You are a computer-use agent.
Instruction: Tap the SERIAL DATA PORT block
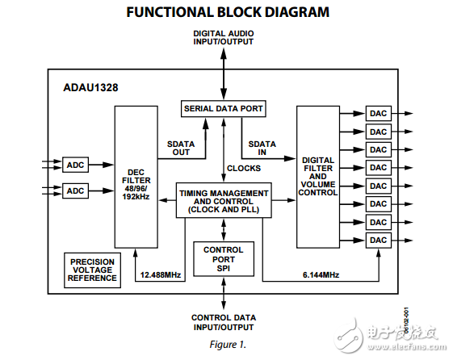coord(223,108)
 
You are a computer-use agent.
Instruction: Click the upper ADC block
coord(75,165)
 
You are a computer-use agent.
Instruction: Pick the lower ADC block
coord(75,190)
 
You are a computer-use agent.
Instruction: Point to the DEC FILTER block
coord(136,176)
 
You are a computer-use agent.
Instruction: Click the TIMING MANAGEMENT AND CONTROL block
coord(224,201)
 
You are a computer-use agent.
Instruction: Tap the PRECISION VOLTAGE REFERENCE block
coord(93,270)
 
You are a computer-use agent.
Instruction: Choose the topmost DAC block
coord(378,114)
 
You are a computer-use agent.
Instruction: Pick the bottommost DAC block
coord(378,240)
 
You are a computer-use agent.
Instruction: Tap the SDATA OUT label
coord(180,149)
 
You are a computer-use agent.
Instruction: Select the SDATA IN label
coord(262,149)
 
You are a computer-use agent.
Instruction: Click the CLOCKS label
coord(243,169)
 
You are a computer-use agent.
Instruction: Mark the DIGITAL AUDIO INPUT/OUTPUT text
coord(224,38)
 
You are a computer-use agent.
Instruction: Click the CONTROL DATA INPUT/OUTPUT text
coord(224,322)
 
